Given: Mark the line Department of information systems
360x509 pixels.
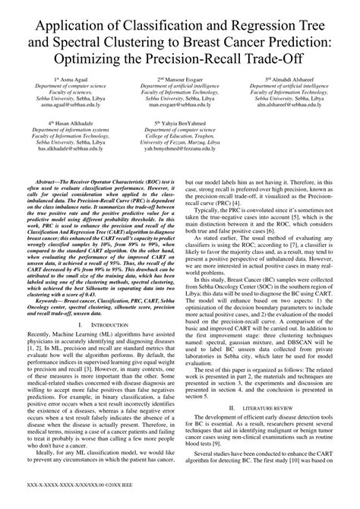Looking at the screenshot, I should click(x=73, y=129).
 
